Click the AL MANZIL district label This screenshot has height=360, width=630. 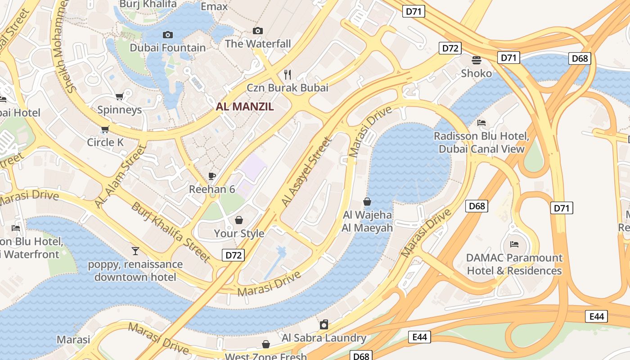[245, 107]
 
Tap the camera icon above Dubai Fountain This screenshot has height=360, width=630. [167, 35]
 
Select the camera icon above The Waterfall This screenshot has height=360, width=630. [258, 31]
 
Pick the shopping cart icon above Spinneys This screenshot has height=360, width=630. [120, 97]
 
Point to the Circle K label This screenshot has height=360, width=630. [105, 142]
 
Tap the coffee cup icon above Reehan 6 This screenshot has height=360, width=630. [212, 176]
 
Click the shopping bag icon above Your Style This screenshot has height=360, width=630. [239, 220]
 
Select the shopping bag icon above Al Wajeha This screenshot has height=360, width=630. [367, 202]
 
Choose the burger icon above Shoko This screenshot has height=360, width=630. [477, 60]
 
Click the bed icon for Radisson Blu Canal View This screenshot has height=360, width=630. [481, 123]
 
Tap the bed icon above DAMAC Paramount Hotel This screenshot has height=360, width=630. [514, 244]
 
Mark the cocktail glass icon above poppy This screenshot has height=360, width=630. [135, 251]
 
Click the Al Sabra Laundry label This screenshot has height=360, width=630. [324, 338]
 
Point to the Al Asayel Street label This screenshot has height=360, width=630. [306, 172]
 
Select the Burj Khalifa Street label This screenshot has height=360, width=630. [171, 232]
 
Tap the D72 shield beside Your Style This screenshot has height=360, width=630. [234, 255]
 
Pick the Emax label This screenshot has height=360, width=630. [214, 6]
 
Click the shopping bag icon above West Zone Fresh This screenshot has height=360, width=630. [266, 344]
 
